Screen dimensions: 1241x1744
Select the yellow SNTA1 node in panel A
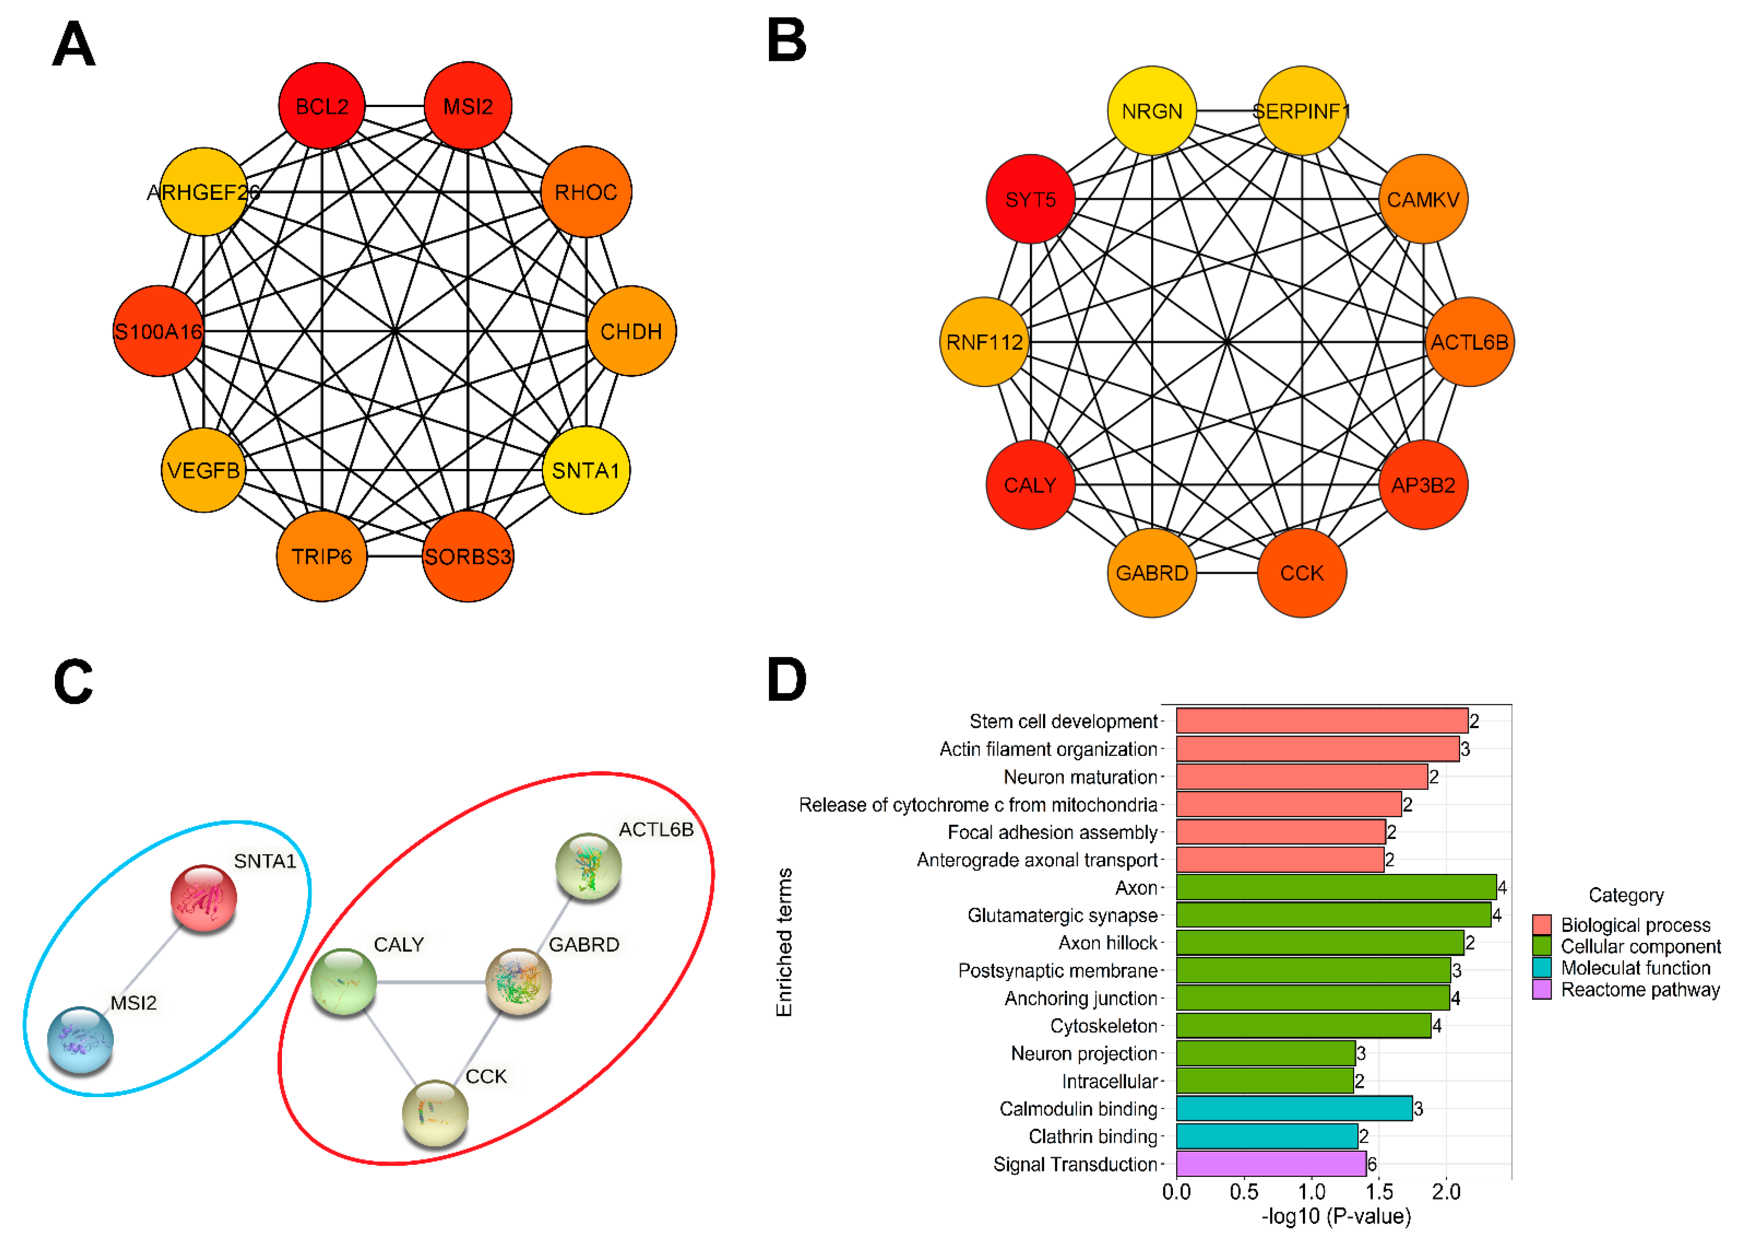[x=586, y=470]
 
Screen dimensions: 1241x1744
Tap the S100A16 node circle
[x=158, y=331]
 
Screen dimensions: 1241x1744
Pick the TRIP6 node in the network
[x=321, y=556]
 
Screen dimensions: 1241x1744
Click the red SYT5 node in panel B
[x=1030, y=199]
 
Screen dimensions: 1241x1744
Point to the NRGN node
[x=1151, y=111]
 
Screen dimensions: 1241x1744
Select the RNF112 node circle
[x=984, y=342]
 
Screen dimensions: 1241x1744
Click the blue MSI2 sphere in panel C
[x=80, y=1039]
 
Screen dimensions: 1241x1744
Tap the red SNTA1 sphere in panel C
[x=203, y=898]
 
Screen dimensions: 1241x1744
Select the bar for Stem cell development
[x=1321, y=720]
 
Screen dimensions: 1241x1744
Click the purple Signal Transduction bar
[x=1271, y=1164]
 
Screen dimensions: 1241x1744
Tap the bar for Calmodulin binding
[x=1294, y=1108]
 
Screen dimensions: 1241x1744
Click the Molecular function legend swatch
[x=1541, y=967]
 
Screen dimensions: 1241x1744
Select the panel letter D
[x=787, y=679]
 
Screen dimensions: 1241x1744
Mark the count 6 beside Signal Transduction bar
[x=1372, y=1164]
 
